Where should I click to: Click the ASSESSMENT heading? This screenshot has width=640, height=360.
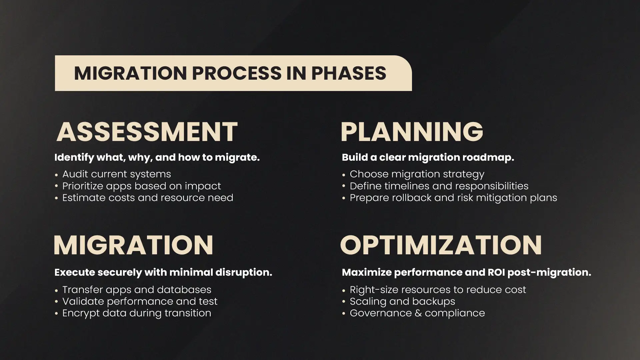click(x=147, y=132)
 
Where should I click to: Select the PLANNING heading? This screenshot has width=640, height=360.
click(x=412, y=132)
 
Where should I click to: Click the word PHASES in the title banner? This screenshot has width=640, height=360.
click(x=349, y=73)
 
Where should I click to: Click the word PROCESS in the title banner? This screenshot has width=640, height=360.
click(x=237, y=73)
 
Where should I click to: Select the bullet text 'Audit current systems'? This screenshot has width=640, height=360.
click(x=117, y=174)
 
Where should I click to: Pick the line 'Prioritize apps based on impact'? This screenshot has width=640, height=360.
click(x=142, y=186)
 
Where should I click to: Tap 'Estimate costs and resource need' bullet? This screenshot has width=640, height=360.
click(x=148, y=198)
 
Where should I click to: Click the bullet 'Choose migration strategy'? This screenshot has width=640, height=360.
click(x=417, y=174)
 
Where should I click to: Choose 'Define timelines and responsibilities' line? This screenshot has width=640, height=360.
click(x=439, y=186)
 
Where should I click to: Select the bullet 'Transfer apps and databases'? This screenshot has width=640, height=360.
click(x=137, y=290)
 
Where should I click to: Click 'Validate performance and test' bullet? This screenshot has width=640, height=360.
click(x=140, y=301)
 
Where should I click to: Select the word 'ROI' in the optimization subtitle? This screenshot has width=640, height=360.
click(x=496, y=272)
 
